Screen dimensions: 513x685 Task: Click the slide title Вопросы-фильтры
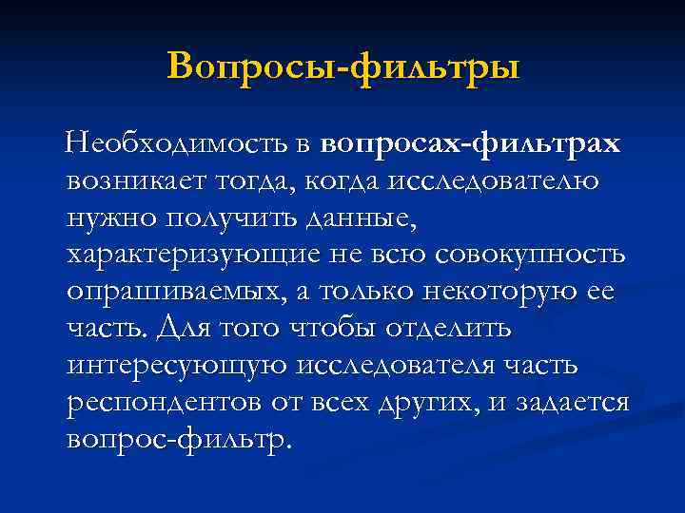tap(342, 66)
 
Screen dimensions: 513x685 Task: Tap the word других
tap(431, 402)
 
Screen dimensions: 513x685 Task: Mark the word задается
tap(572, 402)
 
